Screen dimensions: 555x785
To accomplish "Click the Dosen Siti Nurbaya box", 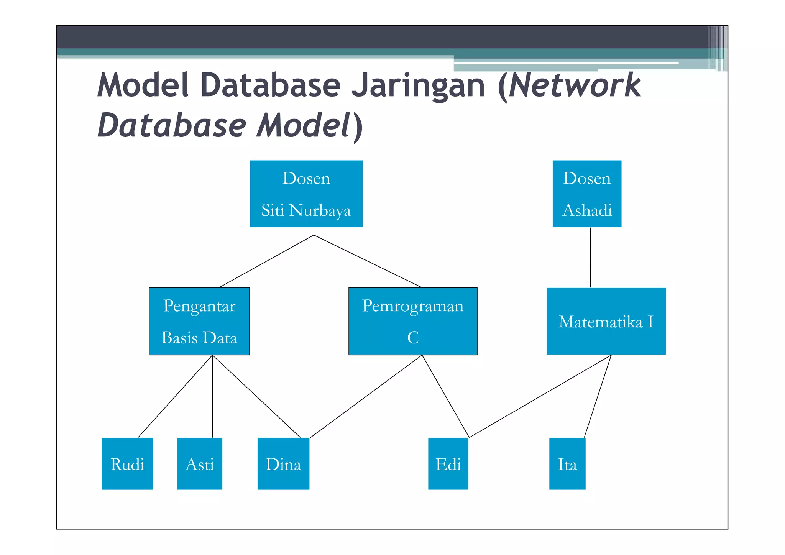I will click(x=306, y=194).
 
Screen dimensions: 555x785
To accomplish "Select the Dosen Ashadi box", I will click(x=586, y=194).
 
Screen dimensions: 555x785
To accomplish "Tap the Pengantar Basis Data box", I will click(x=199, y=321).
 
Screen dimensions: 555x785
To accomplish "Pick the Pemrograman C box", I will click(x=412, y=321).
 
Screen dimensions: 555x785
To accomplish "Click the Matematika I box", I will click(x=606, y=321).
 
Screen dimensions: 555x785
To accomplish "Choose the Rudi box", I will click(x=127, y=463).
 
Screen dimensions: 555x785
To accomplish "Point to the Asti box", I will click(x=199, y=463).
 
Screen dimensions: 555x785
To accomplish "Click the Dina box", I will click(x=283, y=463).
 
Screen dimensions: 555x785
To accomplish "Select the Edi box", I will click(x=448, y=463).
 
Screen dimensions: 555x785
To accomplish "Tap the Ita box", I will click(x=567, y=463).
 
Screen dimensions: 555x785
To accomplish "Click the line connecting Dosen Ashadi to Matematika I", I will click(x=590, y=257).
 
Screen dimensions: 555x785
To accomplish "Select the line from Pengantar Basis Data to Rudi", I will click(x=175, y=396).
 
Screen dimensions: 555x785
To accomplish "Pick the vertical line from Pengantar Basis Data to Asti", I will click(x=212, y=396).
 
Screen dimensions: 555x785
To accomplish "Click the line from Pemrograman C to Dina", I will click(x=366, y=396).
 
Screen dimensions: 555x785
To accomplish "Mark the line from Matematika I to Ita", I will click(x=598, y=396).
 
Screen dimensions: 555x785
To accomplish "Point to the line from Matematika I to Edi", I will click(x=540, y=396).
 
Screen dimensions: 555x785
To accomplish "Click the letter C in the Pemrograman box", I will click(x=412, y=338).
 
